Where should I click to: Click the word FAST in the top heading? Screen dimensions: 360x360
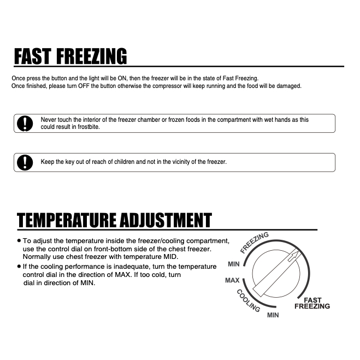coord(35,56)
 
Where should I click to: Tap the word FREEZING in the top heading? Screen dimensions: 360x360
coord(93,56)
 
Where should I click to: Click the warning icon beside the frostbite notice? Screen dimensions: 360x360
coord(24,124)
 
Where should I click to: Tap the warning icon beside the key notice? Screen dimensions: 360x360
coord(24,163)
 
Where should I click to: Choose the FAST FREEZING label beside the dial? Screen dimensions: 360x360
coord(312,303)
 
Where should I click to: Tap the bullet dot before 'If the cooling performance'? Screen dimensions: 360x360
coord(19,267)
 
